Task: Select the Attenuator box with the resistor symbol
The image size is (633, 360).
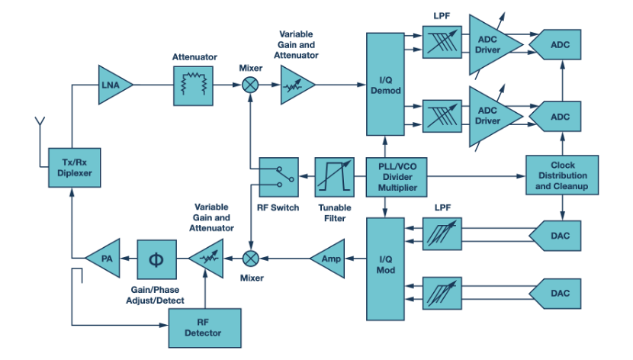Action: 194,85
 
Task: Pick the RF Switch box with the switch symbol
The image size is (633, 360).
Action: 278,177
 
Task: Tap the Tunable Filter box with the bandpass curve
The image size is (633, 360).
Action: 336,177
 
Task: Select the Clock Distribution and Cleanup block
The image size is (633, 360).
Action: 562,176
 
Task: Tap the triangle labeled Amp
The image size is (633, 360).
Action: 329,259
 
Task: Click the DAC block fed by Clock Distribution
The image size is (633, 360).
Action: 562,235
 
